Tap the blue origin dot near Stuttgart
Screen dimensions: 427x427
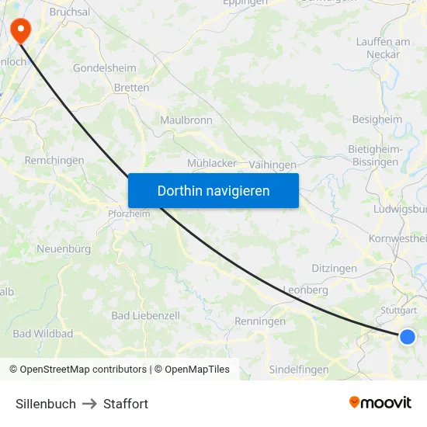[407, 336]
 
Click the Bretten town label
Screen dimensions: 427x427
[131, 88]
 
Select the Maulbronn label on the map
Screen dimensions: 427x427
[186, 120]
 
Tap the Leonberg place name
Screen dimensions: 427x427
[305, 290]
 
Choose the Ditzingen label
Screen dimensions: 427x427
[334, 268]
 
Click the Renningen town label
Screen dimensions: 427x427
[260, 321]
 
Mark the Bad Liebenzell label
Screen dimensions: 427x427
[146, 316]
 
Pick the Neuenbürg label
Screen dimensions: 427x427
[64, 249]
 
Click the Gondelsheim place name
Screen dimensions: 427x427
[105, 68]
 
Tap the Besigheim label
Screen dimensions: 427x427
[377, 120]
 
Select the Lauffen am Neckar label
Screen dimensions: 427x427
[383, 47]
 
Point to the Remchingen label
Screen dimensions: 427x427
[54, 160]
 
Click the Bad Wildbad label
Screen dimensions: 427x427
[43, 334]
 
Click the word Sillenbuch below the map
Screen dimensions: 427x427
[46, 404]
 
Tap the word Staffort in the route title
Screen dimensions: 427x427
[126, 404]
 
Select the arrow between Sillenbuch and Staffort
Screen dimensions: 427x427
[89, 404]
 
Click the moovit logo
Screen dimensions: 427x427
[380, 402]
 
